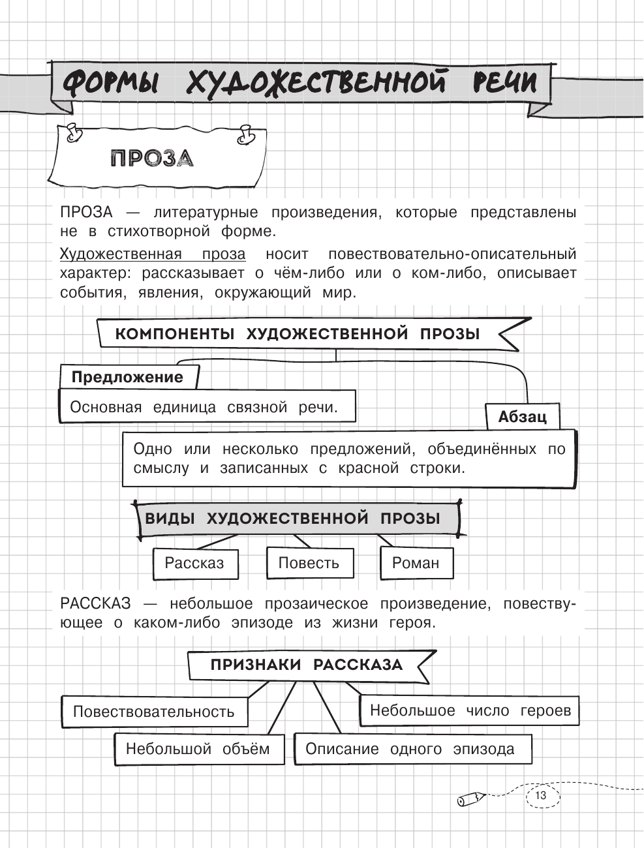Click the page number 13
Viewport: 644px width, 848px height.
click(540, 796)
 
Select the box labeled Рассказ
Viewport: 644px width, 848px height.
click(194, 564)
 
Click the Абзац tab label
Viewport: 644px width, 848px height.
click(523, 417)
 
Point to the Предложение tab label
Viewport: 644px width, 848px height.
click(128, 377)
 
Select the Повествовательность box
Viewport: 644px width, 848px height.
click(154, 712)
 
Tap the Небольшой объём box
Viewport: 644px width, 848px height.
click(198, 749)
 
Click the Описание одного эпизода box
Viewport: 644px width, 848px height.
click(410, 750)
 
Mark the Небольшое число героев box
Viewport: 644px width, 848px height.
click(470, 710)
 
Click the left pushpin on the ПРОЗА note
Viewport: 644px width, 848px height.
click(73, 132)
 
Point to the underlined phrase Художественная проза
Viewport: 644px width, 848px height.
click(153, 254)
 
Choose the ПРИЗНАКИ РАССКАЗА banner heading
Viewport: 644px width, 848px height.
click(307, 665)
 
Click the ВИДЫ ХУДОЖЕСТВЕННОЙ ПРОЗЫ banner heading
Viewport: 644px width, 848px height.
click(292, 519)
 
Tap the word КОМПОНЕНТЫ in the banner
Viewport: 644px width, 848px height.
click(175, 335)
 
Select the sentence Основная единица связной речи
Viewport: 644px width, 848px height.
click(204, 408)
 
